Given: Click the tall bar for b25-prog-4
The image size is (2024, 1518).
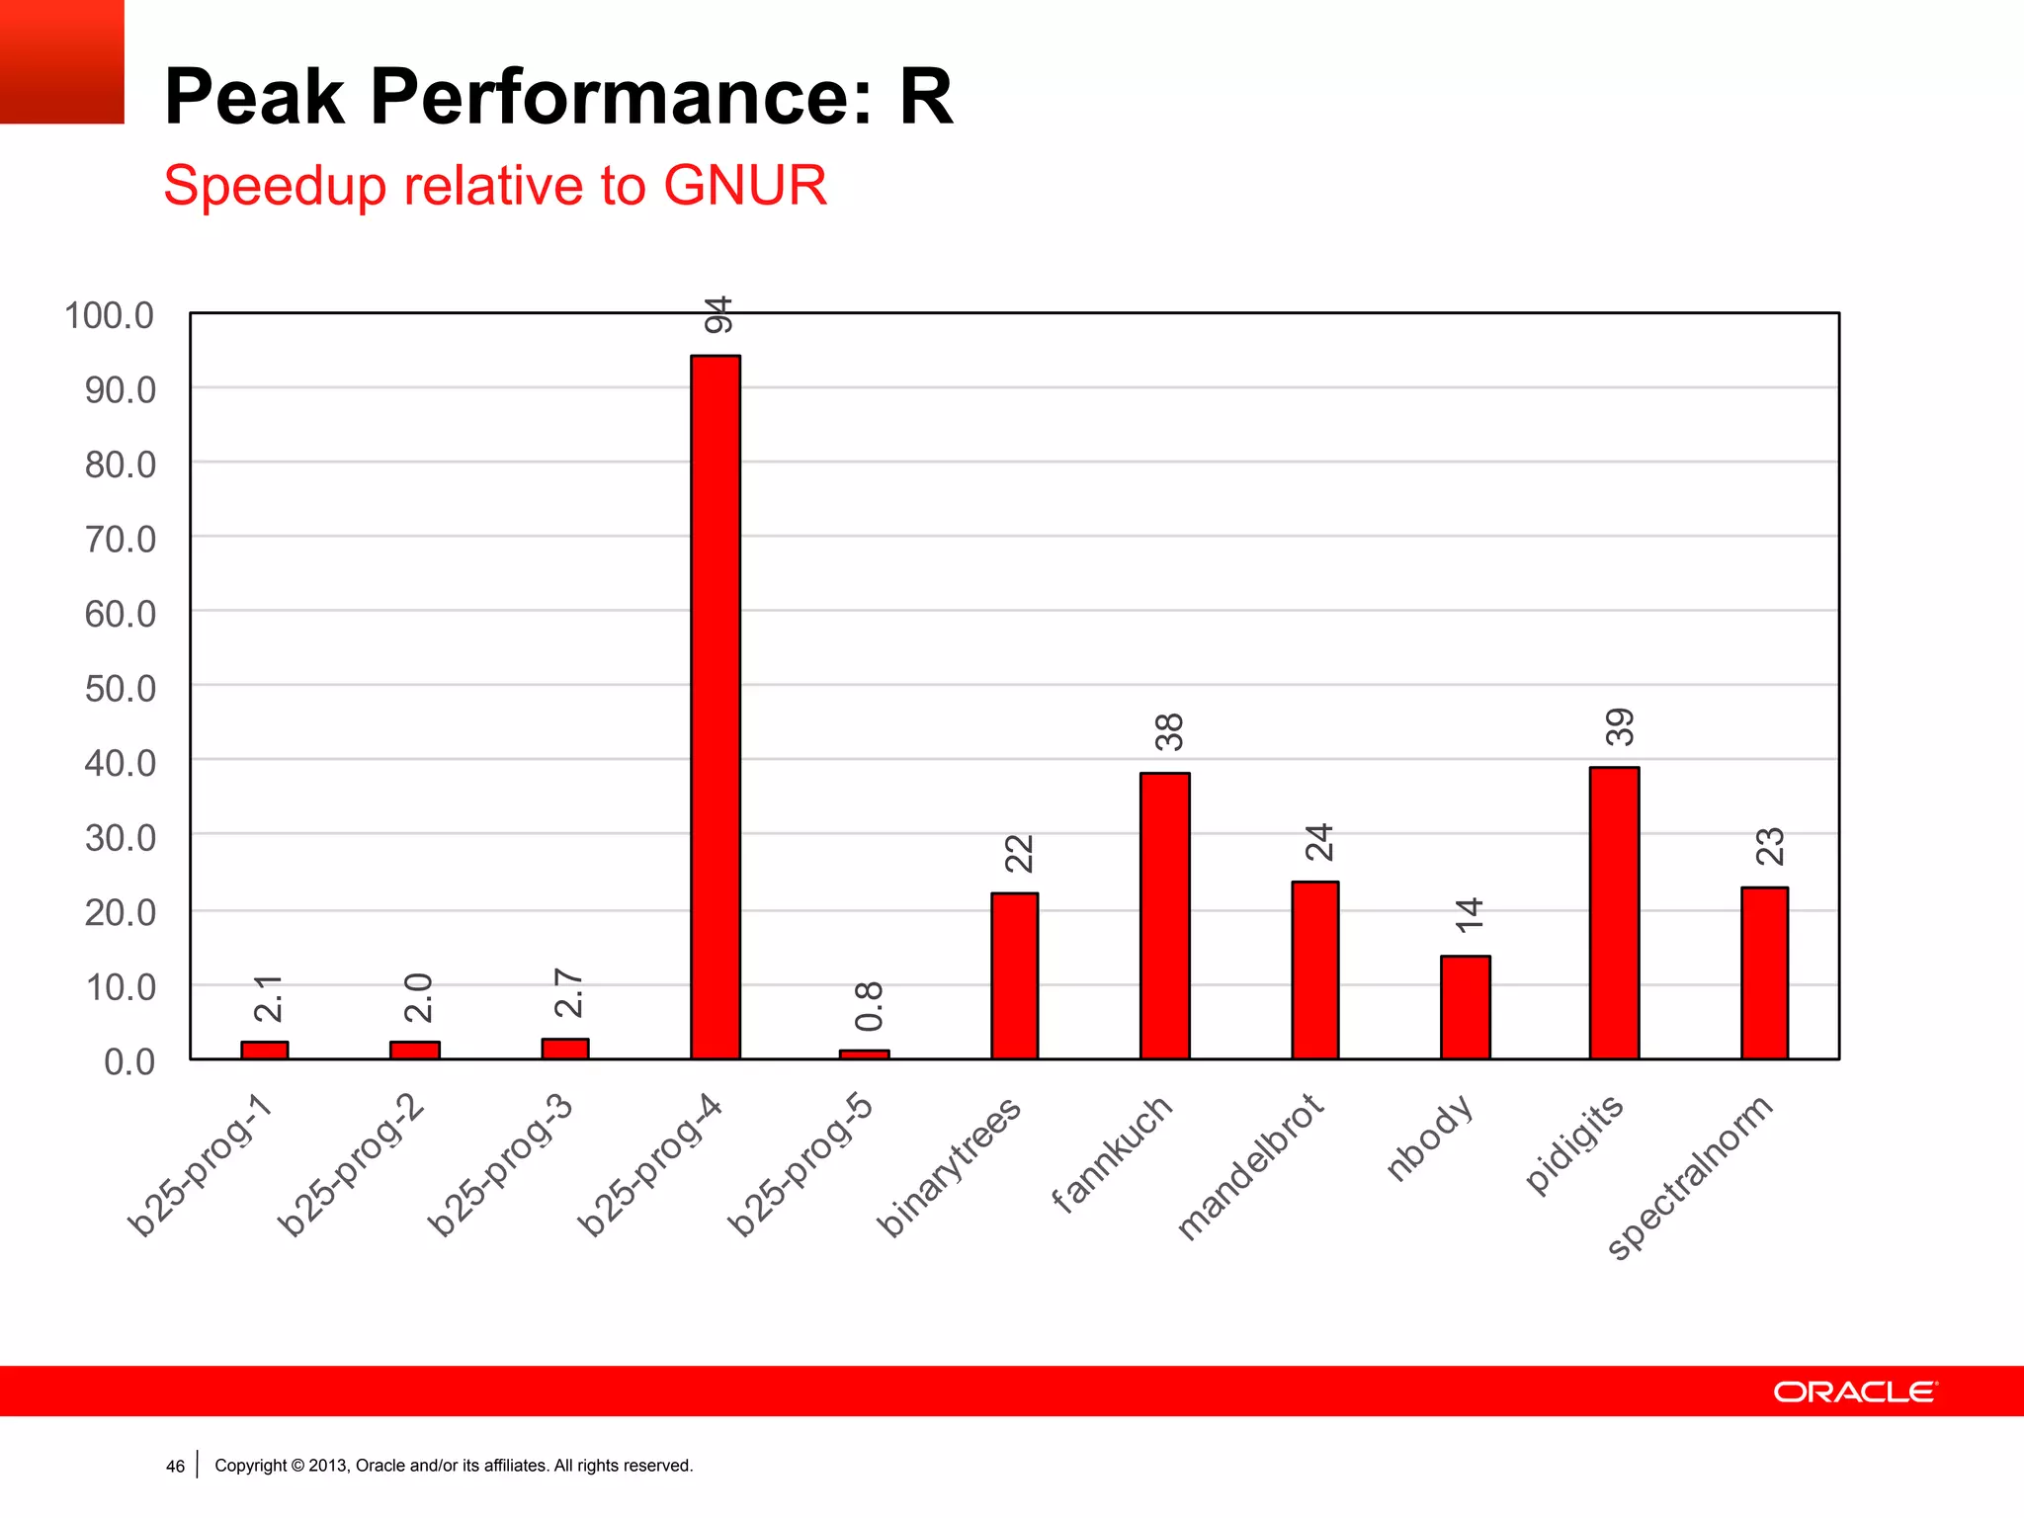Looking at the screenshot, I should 716,707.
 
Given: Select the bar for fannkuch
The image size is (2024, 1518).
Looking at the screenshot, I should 1164,915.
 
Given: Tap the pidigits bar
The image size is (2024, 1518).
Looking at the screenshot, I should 1614,912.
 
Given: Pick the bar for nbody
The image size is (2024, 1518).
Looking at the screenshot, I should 1465,1007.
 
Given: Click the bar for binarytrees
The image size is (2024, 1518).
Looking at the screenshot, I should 1014,975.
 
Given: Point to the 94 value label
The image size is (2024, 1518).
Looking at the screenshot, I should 718,314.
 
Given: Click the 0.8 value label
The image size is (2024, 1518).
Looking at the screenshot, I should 869,1006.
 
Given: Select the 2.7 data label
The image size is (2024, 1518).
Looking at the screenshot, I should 569,993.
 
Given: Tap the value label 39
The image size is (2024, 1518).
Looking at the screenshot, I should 1620,727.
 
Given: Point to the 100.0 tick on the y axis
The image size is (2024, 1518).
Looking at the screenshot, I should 110,316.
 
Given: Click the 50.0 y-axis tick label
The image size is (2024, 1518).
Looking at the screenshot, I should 121,689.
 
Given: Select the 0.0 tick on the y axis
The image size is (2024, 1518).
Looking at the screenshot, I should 129,1062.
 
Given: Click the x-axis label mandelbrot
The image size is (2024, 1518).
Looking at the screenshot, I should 1250,1166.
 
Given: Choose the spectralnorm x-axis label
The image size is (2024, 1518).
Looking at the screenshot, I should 1691,1176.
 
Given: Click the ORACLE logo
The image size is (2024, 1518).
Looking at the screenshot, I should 1855,1391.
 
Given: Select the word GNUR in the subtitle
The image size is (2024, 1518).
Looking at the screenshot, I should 744,186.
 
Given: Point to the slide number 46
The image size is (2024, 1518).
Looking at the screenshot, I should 175,1466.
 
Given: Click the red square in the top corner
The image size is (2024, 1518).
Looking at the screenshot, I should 61,61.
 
